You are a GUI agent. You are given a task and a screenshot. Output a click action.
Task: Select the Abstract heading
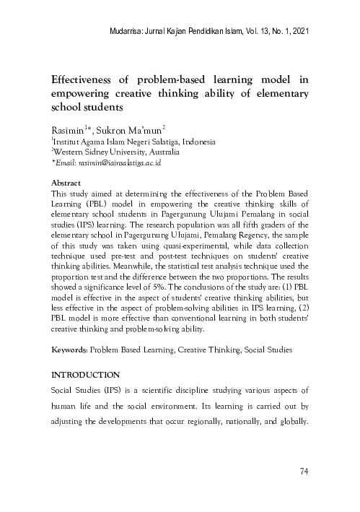[x=67, y=184]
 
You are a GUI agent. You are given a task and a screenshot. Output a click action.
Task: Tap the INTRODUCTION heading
[x=84, y=376]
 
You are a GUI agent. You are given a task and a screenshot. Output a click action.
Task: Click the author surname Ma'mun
[x=148, y=129]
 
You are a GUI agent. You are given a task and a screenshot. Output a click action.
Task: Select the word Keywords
[x=69, y=350]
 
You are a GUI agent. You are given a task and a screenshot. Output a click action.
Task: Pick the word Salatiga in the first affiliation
[x=160, y=142]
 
